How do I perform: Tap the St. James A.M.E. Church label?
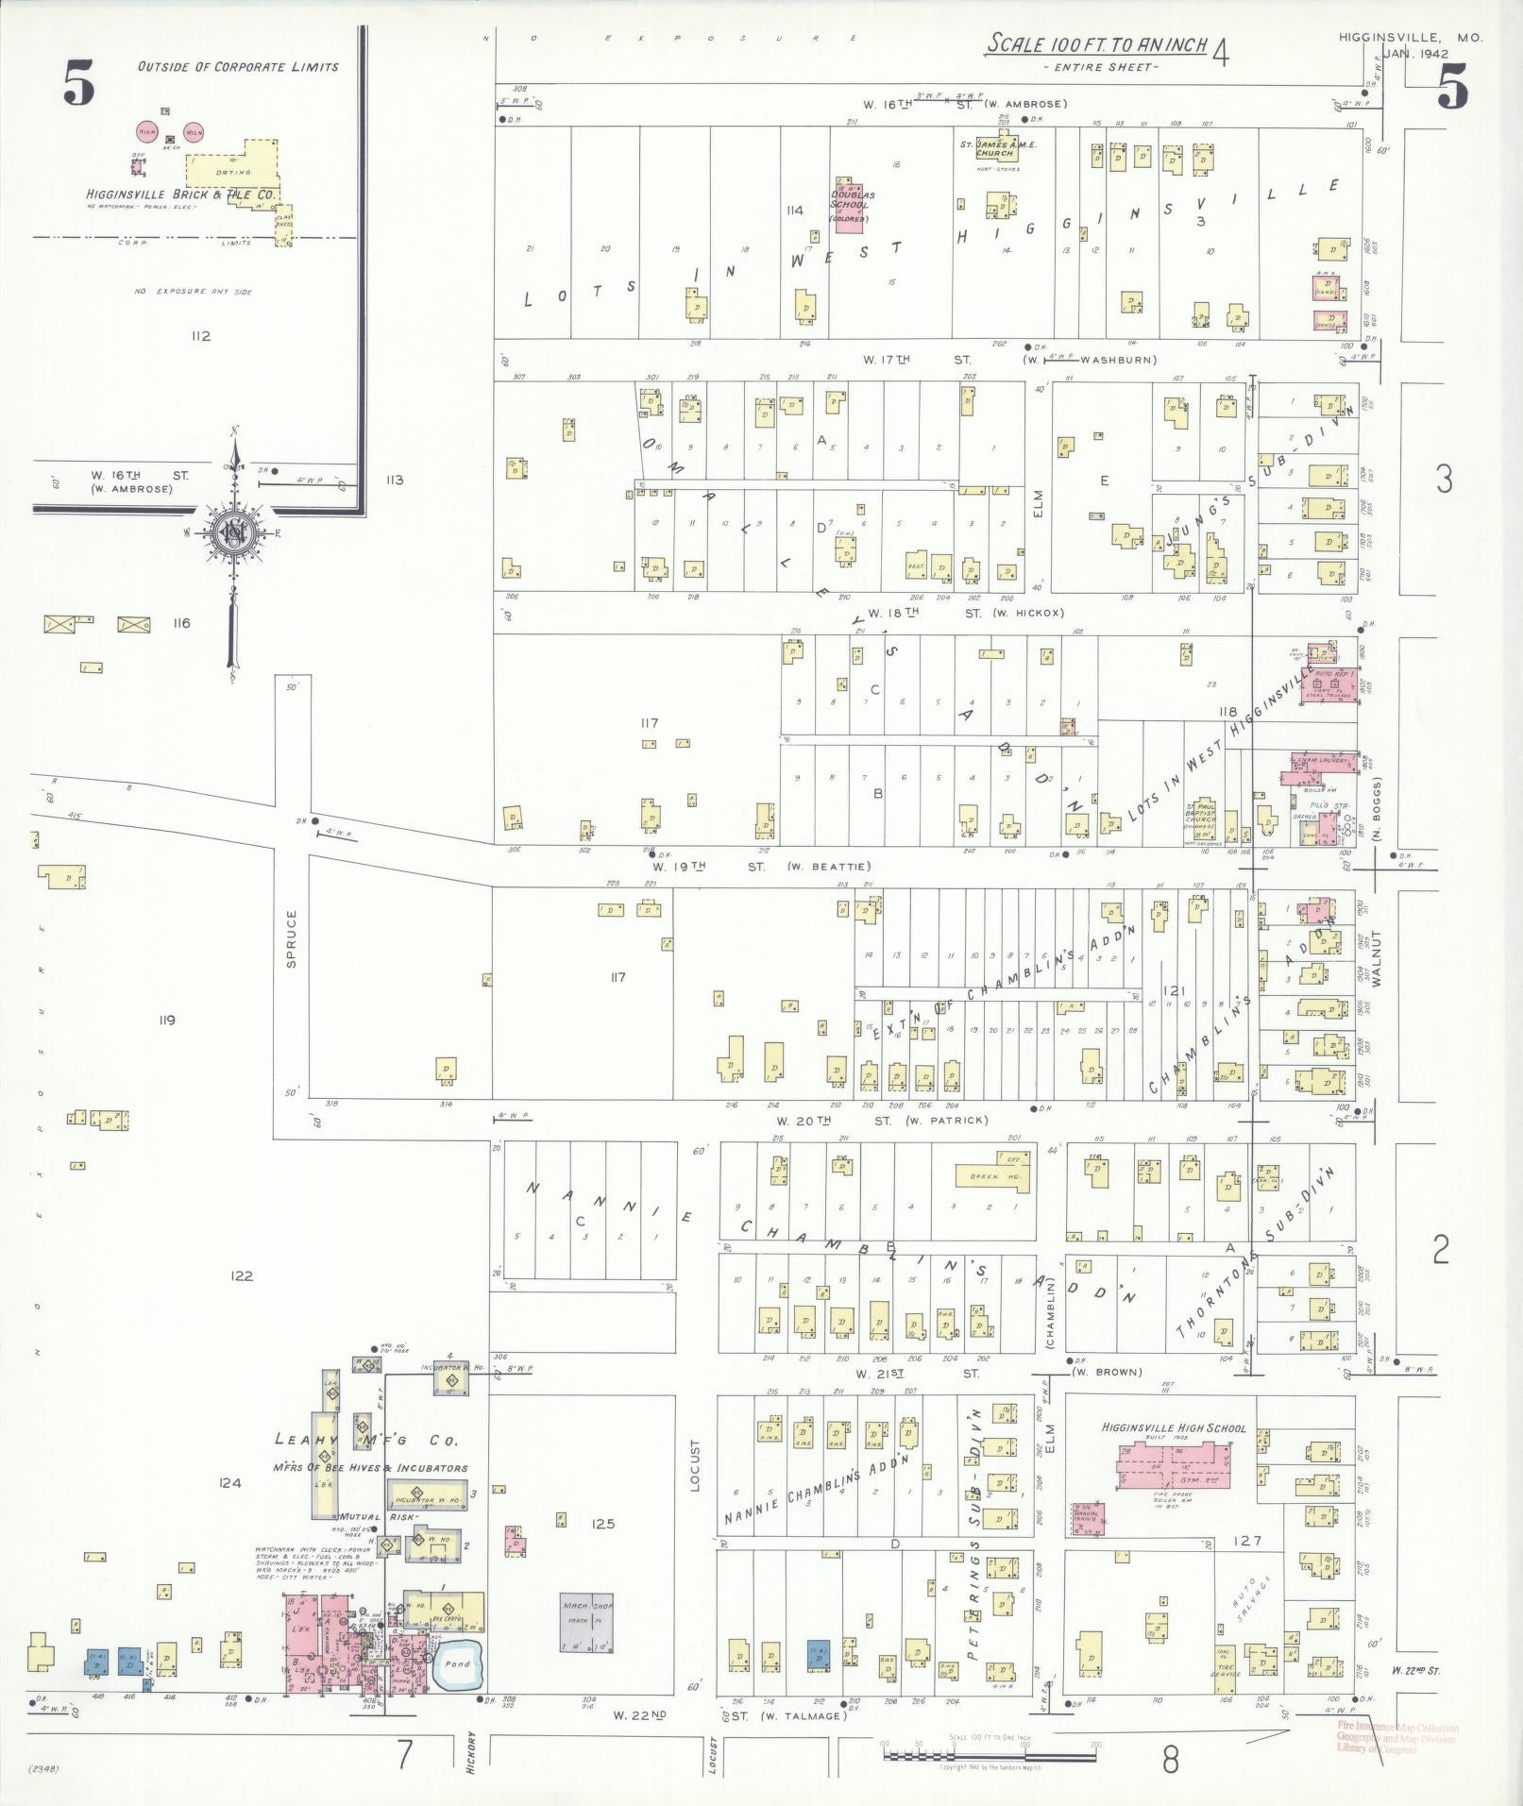(999, 148)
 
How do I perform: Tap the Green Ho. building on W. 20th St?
(991, 1174)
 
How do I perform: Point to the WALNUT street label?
(1377, 958)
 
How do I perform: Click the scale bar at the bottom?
(989, 1756)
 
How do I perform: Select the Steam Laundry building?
(1309, 770)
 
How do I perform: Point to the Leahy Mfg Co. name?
(366, 1441)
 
